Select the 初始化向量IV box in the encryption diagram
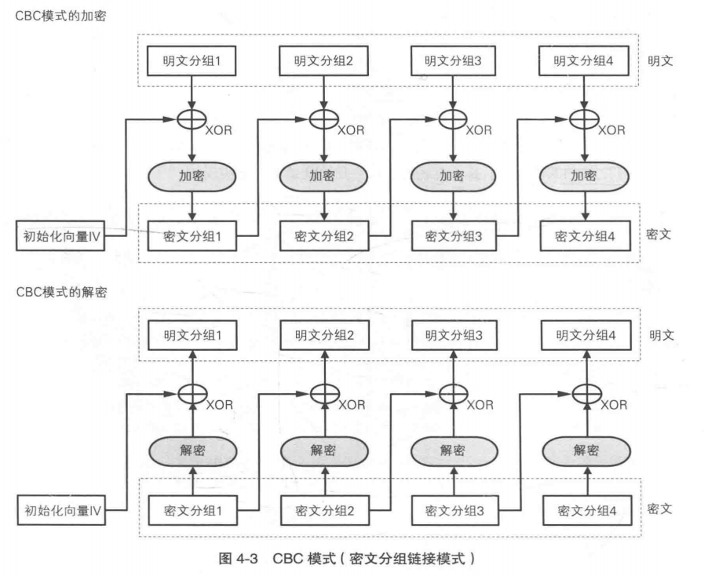[61, 234]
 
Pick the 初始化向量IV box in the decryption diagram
[61, 511]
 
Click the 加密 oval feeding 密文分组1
[192, 177]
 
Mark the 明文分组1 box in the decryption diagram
[192, 334]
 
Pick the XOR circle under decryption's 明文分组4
[582, 392]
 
